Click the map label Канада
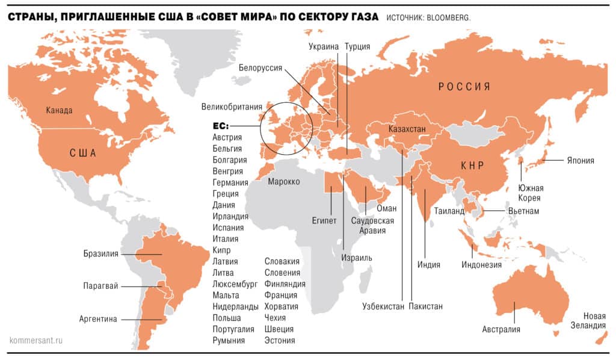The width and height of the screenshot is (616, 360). tap(59, 111)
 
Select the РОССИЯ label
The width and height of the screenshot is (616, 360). tap(464, 87)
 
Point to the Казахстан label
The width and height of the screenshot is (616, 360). tap(407, 129)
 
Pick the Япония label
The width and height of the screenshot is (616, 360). tap(579, 161)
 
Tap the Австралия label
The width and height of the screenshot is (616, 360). tap(501, 329)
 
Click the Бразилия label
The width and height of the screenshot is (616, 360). tap(100, 253)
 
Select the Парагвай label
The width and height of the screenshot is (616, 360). tap(100, 286)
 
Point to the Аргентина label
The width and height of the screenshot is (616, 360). tap(98, 319)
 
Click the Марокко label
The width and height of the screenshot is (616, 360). tap(284, 181)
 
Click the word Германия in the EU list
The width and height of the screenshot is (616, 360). tap(230, 182)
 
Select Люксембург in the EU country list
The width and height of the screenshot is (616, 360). tap(235, 284)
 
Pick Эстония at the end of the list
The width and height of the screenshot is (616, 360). tap(280, 341)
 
